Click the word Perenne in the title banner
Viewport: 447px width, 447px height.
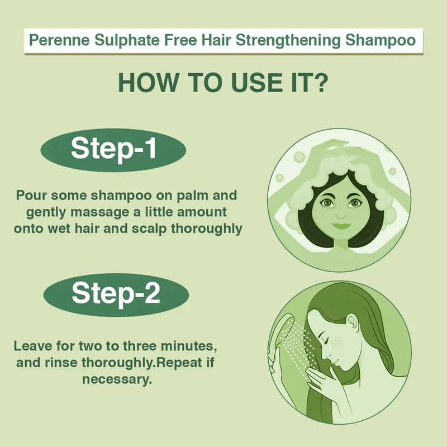[x=59, y=40]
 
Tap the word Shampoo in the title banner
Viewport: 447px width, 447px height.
[x=381, y=40]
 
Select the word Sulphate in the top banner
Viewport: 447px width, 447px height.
[x=127, y=40]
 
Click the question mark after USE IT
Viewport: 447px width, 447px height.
[x=321, y=83]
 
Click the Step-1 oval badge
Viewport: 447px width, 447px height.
[x=113, y=150]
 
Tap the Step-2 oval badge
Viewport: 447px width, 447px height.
[x=116, y=295]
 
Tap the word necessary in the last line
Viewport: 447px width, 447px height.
[x=117, y=380]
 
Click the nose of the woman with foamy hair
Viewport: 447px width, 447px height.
[x=341, y=215]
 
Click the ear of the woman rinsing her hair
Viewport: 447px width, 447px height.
[x=351, y=321]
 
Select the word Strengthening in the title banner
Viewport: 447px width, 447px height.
[x=288, y=40]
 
